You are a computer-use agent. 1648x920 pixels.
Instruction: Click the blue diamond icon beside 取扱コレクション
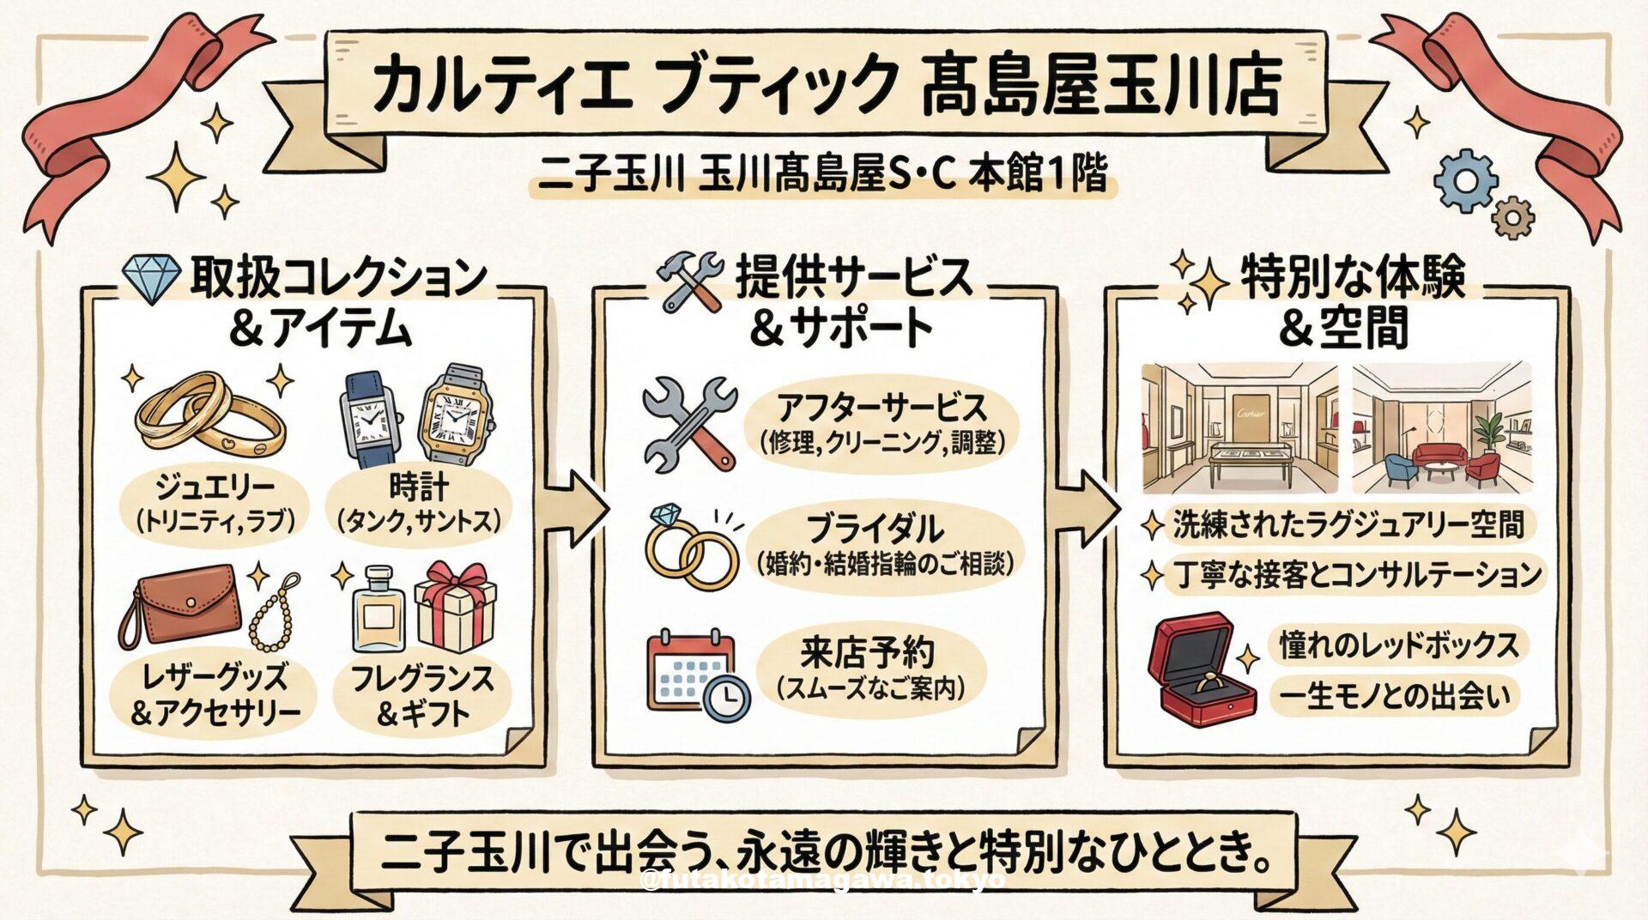[x=151, y=279]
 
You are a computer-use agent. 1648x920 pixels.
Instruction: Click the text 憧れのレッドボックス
[x=1399, y=645]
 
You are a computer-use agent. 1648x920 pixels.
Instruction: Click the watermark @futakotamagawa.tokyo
[x=823, y=881]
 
